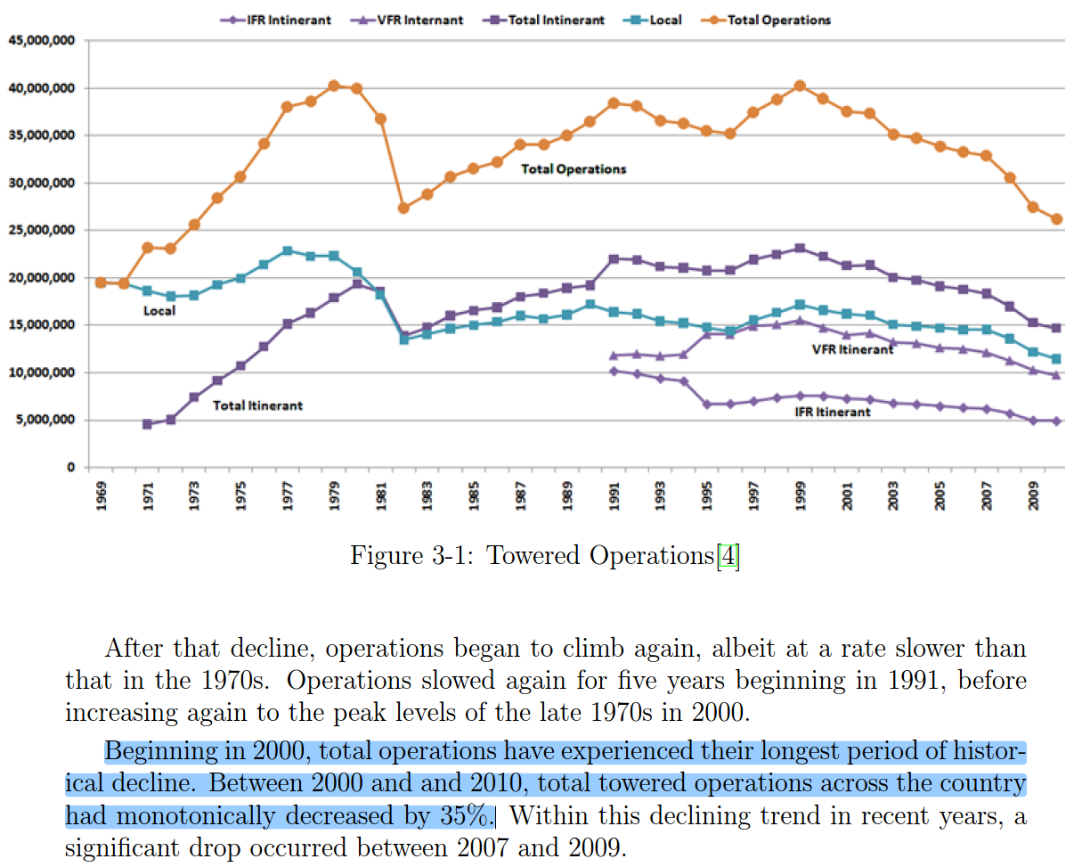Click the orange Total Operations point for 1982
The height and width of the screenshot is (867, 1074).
click(403, 208)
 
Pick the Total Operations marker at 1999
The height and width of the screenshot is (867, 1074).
click(800, 86)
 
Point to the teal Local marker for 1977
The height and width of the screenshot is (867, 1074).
click(287, 251)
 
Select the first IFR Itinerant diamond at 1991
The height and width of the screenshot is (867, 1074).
click(614, 371)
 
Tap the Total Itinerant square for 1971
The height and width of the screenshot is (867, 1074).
click(148, 424)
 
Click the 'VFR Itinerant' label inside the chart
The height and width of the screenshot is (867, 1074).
click(852, 349)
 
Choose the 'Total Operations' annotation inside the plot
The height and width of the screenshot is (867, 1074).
click(574, 169)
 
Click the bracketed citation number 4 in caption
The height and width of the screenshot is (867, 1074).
click(728, 555)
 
